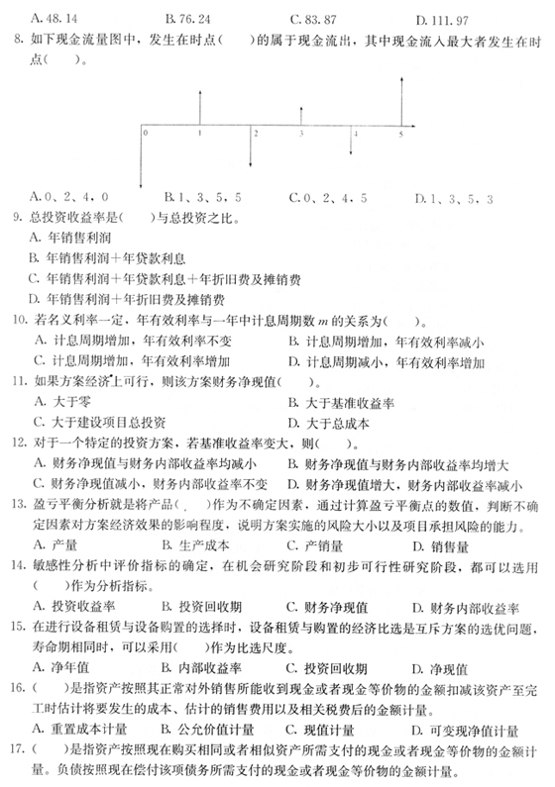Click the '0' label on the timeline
[x=147, y=131]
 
